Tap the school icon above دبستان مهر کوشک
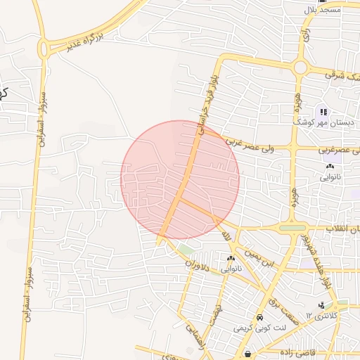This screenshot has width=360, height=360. pyautogui.click(x=324, y=111)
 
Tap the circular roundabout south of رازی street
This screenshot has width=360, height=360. pyautogui.click(x=300, y=68)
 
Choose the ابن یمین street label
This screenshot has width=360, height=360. pyautogui.click(x=258, y=256)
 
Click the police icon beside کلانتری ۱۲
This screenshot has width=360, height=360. pyautogui.click(x=321, y=304)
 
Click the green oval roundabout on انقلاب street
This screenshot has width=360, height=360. pyautogui.click(x=292, y=228)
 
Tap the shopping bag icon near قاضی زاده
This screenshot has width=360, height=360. pyautogui.click(x=248, y=354)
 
